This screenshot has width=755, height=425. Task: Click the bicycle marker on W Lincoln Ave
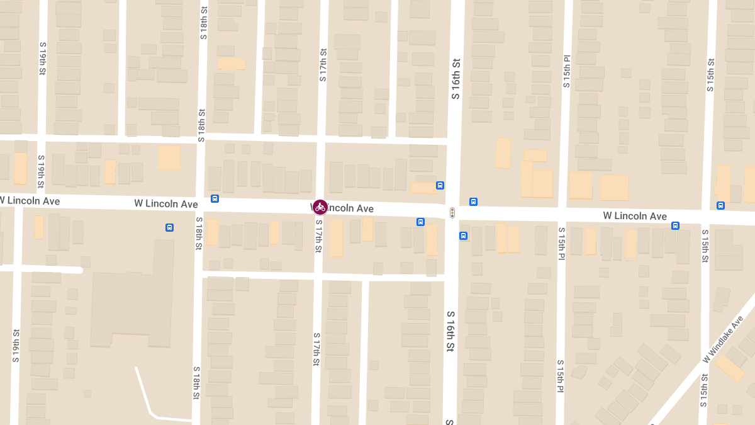tap(320, 207)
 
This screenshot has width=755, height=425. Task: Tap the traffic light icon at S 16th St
tap(452, 213)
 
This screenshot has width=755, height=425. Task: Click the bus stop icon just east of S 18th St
tap(215, 199)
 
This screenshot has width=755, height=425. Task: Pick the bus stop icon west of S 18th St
tap(169, 227)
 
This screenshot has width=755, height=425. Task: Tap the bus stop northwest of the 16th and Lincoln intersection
tap(440, 186)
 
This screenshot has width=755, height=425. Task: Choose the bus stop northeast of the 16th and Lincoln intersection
tap(473, 201)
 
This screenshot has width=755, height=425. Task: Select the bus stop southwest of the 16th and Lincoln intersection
tap(420, 222)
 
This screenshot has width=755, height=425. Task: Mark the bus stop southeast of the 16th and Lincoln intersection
tap(463, 236)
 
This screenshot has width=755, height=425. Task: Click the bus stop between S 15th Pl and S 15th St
tap(675, 225)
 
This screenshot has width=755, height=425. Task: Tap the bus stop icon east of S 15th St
tap(720, 205)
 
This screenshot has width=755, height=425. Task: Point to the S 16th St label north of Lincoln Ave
tap(456, 79)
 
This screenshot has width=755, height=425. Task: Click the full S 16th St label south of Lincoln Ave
tap(450, 331)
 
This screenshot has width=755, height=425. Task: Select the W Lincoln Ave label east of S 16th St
tap(635, 216)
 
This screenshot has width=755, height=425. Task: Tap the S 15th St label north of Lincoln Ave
tap(711, 75)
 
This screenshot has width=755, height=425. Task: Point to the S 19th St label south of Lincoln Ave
tap(16, 346)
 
